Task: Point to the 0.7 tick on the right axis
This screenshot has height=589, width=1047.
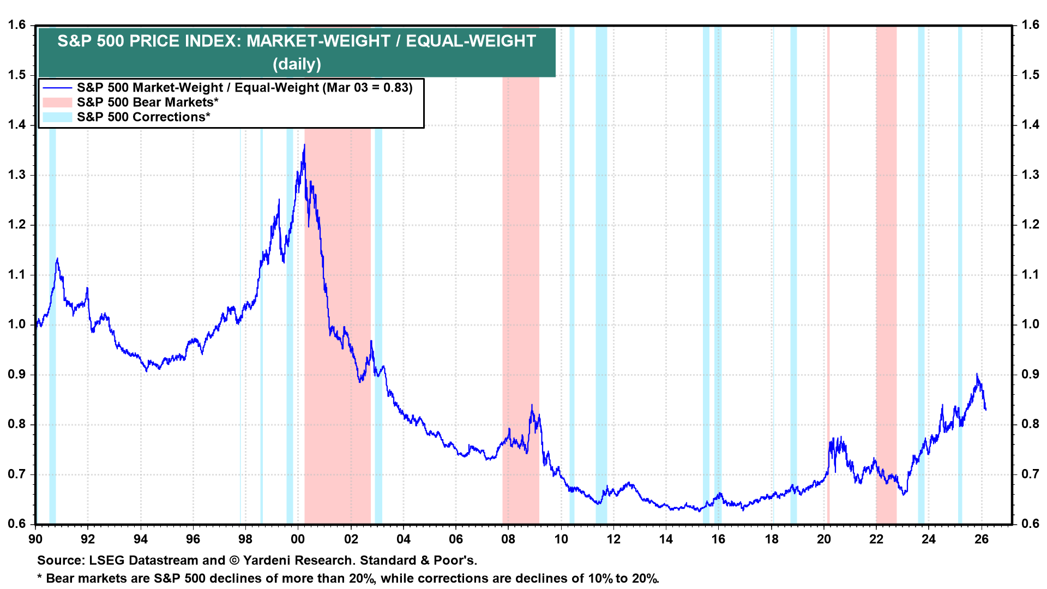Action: (x=1030, y=474)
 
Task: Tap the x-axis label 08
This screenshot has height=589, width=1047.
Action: (x=508, y=539)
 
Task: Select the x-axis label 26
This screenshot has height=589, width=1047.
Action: (x=982, y=539)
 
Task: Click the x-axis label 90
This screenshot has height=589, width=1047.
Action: (x=35, y=539)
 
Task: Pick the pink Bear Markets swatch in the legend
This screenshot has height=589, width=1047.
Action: (x=57, y=103)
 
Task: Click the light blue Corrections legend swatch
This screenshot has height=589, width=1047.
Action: (x=57, y=117)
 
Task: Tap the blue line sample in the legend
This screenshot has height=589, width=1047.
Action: (x=57, y=88)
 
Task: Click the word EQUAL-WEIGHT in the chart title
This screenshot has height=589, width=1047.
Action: (x=471, y=41)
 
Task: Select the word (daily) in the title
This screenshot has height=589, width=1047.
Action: (x=297, y=64)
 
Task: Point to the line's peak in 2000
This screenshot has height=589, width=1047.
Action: (x=304, y=145)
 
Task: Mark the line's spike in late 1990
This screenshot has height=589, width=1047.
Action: (x=57, y=259)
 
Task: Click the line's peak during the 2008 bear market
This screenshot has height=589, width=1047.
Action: (x=532, y=405)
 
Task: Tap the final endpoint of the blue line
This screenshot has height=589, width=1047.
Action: (x=985, y=409)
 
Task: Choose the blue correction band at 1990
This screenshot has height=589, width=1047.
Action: (x=52, y=327)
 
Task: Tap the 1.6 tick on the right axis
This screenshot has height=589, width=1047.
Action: (x=1030, y=25)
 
